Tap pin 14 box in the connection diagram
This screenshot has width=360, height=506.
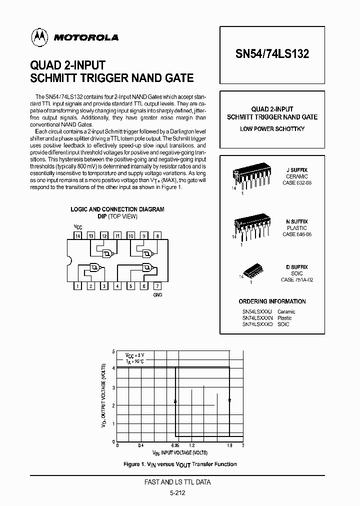[x=77, y=235]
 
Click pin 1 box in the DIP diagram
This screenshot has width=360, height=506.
[x=77, y=286]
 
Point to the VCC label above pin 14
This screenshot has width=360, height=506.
[x=77, y=226]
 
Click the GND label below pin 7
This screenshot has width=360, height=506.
[x=157, y=295]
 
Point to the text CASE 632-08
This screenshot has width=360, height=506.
[x=296, y=183]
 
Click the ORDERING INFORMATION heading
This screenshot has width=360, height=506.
[x=272, y=301]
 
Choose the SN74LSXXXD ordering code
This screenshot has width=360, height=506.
[x=258, y=324]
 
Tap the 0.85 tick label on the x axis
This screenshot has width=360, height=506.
[x=175, y=445]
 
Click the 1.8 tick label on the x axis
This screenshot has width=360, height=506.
[x=229, y=445]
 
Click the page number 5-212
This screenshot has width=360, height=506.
[x=181, y=492]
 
